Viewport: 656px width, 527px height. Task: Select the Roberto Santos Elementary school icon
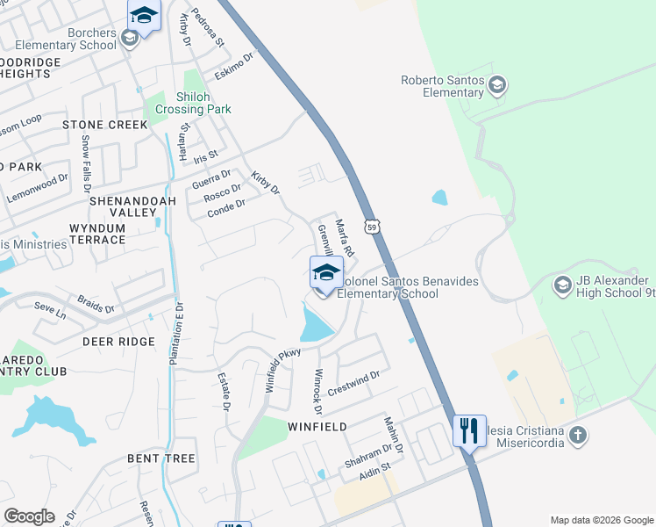point(498,85)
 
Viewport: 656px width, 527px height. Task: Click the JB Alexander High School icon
point(562,285)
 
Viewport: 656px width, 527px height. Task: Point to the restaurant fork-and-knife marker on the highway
point(469,430)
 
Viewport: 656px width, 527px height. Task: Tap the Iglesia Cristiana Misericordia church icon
point(577,435)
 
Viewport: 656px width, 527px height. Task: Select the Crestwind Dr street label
point(353,382)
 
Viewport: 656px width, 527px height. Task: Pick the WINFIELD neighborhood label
point(317,426)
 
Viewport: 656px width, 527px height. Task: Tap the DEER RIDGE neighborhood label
point(118,341)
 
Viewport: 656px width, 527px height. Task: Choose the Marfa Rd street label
point(344,238)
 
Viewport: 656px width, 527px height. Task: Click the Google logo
point(29,516)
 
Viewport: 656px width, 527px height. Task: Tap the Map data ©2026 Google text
point(601,520)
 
